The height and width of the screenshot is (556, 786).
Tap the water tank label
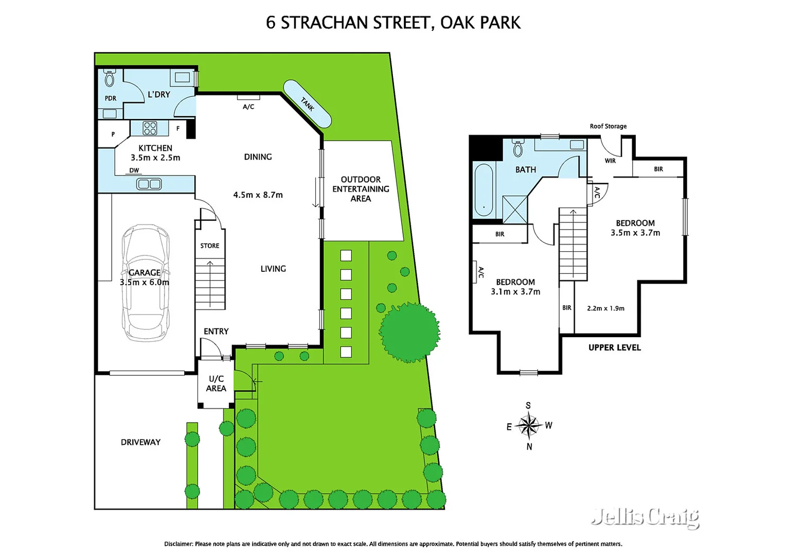click(307, 104)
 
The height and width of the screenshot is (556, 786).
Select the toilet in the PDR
click(110, 78)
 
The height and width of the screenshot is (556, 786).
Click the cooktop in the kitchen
click(150, 128)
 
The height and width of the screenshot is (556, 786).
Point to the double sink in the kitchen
click(149, 184)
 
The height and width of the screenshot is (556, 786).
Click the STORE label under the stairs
click(210, 246)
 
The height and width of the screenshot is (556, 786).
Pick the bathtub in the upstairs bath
click(484, 189)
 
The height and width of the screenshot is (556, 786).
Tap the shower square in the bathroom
click(515, 210)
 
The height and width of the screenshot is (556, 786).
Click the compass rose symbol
click(528, 425)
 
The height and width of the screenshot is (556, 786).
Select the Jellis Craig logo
click(645, 516)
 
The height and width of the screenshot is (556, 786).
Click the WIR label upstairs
click(610, 161)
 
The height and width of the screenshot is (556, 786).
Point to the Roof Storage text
click(608, 126)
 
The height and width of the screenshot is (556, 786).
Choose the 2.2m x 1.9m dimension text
click(605, 308)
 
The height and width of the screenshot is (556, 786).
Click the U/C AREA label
click(216, 384)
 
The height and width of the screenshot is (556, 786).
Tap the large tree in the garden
click(409, 333)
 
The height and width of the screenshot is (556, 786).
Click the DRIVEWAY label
click(140, 442)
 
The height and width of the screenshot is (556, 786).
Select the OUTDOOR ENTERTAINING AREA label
click(361, 189)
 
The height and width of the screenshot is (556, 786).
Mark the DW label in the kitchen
click(134, 170)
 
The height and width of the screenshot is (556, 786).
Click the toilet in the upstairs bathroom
click(518, 148)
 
